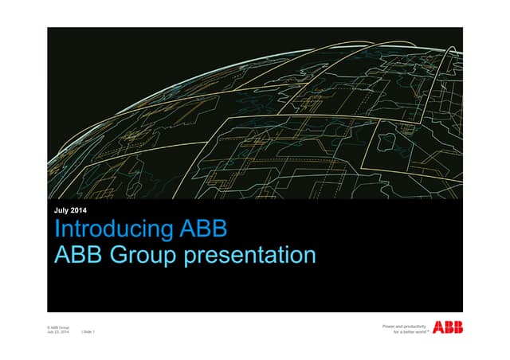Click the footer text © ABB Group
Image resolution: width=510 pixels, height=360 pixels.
[58, 327]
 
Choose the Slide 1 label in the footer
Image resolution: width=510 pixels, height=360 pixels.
[88, 332]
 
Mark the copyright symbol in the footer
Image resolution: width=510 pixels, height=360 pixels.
[49, 327]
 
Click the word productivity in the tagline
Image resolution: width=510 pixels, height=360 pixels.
[414, 326]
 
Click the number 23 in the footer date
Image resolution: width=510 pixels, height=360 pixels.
[58, 332]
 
